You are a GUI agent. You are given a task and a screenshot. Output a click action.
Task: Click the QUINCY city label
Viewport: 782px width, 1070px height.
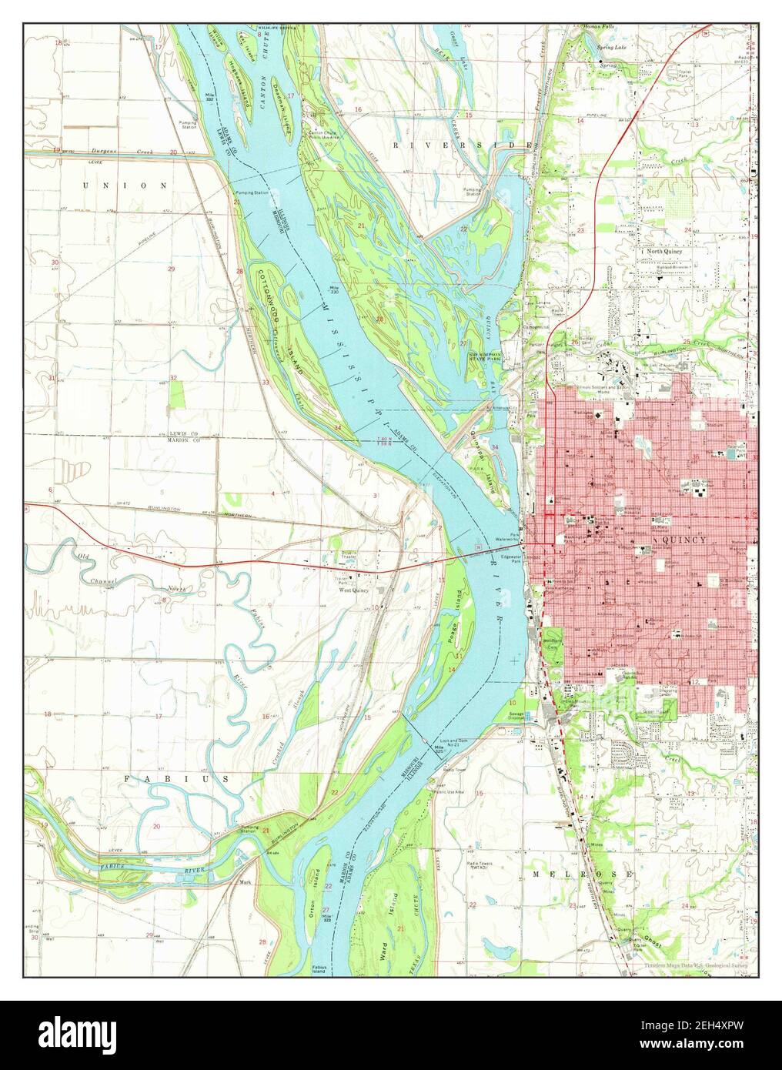point(683,540)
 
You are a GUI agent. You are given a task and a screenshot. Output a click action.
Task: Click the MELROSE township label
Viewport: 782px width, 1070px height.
point(582,874)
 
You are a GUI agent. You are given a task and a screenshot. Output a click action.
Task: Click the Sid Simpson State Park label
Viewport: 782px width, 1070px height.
point(487,356)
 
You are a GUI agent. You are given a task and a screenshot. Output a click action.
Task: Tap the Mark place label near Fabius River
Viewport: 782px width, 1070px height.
point(246,882)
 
